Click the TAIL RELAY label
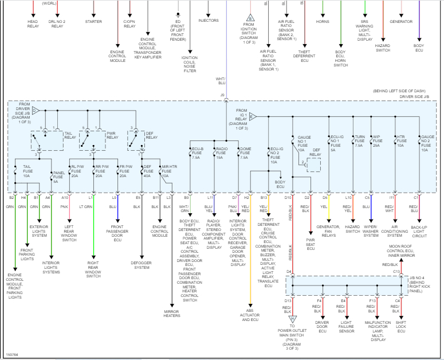click(x=69, y=135)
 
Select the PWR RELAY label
click(x=112, y=135)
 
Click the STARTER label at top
click(x=93, y=22)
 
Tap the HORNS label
click(x=323, y=22)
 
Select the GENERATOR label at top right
click(x=401, y=22)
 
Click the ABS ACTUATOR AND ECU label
click(x=250, y=315)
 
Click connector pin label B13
click(x=264, y=198)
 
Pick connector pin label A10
click(x=65, y=198)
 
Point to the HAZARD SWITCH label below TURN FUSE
click(x=352, y=231)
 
